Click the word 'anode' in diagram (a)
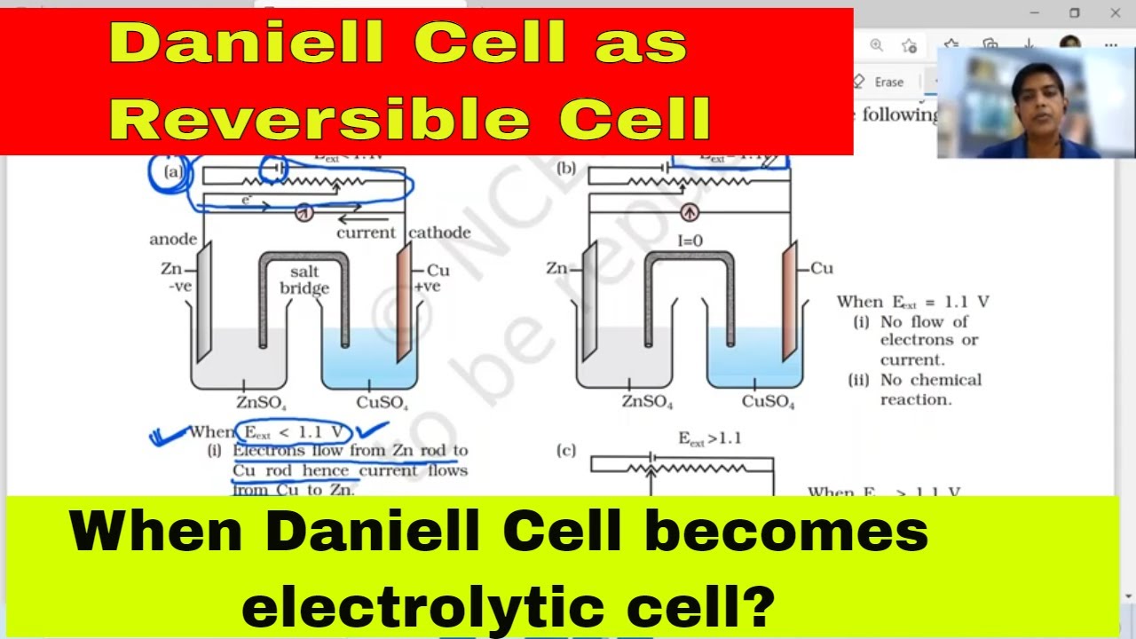tap(173, 239)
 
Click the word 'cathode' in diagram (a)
tap(439, 233)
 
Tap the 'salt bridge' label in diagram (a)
tap(304, 280)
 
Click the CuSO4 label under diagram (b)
tap(768, 402)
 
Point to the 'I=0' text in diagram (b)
tap(689, 240)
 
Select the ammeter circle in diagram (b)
tap(689, 212)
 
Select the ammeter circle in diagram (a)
tap(304, 212)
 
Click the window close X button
tap(1116, 12)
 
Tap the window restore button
tap(1075, 12)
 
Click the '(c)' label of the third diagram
tap(565, 451)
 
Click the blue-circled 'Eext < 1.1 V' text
tap(294, 432)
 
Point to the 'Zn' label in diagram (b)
tap(556, 268)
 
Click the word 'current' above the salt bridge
tap(366, 233)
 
